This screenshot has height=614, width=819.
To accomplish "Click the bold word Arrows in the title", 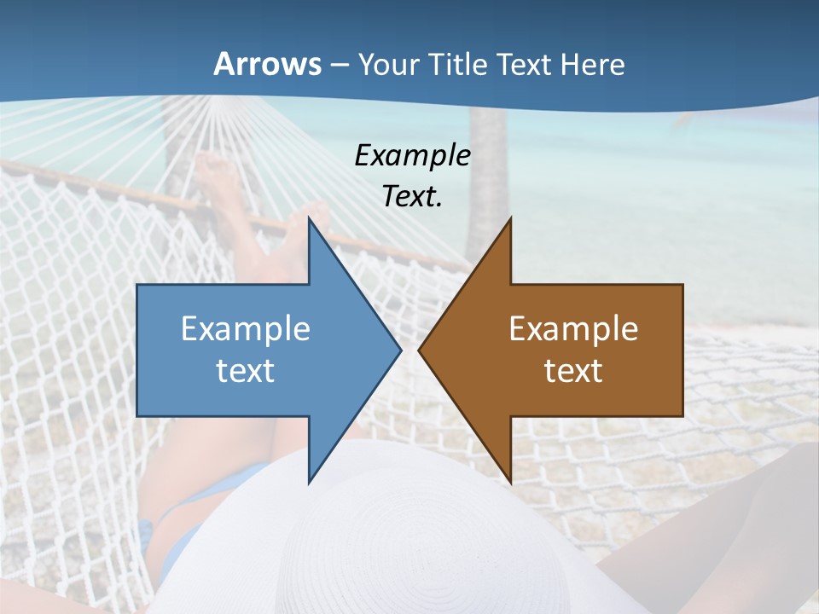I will [267, 64].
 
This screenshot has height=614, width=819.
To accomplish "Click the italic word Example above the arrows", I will [412, 155].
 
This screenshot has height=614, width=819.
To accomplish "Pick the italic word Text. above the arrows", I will [412, 197].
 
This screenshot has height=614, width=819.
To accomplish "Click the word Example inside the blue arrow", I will [246, 329].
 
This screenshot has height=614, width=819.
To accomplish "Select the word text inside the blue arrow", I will [246, 371].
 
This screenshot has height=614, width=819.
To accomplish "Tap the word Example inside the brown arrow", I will [573, 329].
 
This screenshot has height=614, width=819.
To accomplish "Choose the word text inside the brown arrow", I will [573, 371].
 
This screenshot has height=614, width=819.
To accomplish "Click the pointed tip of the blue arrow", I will [399, 350].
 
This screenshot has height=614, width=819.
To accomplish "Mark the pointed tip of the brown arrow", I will [420, 350].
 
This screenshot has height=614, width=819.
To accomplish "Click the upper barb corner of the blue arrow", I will [310, 219].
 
